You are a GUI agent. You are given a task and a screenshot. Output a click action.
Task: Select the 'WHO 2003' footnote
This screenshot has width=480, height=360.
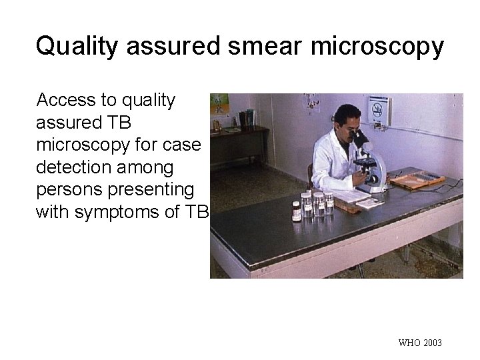pos(419,343)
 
